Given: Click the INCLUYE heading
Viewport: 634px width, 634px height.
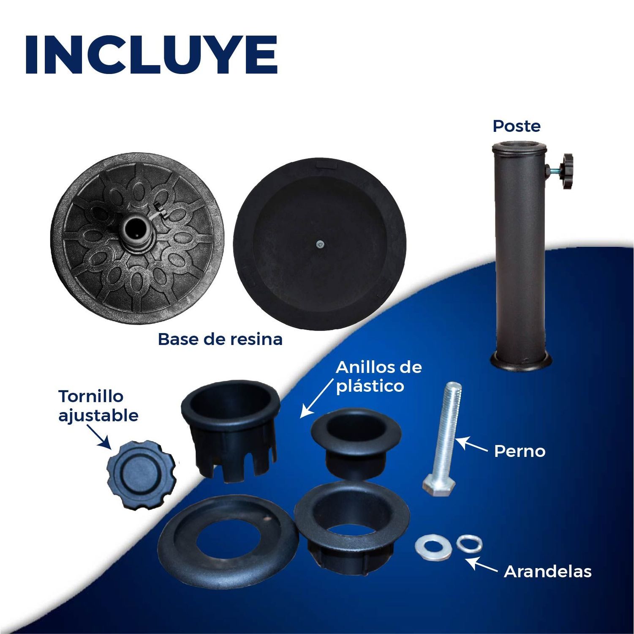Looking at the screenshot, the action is [x=151, y=55].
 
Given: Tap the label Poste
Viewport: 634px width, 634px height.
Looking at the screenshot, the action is [x=517, y=126].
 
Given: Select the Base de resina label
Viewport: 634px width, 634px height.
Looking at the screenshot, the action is [x=220, y=339].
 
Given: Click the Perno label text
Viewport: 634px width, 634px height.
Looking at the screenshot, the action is [x=520, y=451].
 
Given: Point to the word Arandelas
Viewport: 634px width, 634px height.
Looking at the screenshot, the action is [x=547, y=571].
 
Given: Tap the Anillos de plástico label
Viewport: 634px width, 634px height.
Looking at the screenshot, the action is [x=378, y=376].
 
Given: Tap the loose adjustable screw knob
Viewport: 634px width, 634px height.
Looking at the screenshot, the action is [x=141, y=474].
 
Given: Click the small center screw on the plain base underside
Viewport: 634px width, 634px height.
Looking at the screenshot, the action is [x=320, y=244].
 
